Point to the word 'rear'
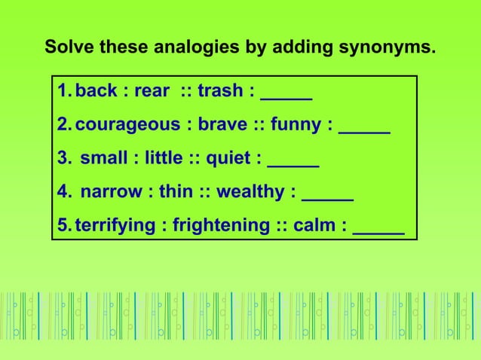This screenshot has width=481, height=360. [x=151, y=91]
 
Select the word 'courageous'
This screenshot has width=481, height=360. [x=127, y=125]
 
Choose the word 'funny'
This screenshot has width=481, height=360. [x=297, y=125]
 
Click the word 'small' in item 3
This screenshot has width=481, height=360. [x=104, y=158]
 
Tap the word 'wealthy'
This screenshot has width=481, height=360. [x=248, y=191]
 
